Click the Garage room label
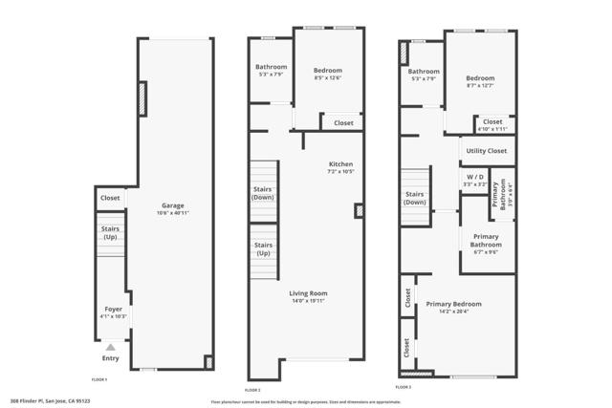[172, 205]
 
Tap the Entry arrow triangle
[111, 348]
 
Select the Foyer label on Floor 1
[113, 310]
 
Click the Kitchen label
[341, 163]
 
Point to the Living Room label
[309, 293]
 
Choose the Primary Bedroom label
[453, 304]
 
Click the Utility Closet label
[486, 151]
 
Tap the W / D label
[474, 176]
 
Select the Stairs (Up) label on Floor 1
[111, 232]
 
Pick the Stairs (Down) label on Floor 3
[415, 198]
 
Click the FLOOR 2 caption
[252, 390]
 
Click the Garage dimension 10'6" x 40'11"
[172, 213]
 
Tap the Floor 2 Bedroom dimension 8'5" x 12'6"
[328, 78]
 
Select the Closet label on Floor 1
[109, 199]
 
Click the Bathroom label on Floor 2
[271, 67]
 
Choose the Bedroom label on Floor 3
[480, 78]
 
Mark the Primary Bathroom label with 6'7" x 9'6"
[486, 240]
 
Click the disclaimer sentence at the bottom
[319, 399]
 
